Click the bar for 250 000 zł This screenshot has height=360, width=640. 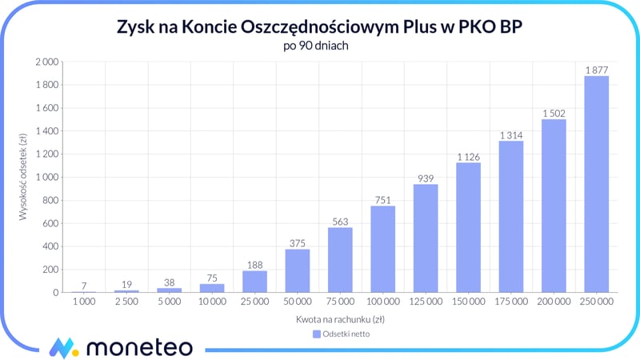pyautogui.click(x=596, y=184)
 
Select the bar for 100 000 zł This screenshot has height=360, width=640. pyautogui.click(x=382, y=249)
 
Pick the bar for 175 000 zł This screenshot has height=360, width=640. pyautogui.click(x=511, y=216)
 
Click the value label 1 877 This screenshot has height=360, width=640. pyautogui.click(x=596, y=70)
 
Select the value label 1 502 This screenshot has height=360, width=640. pyautogui.click(x=554, y=113)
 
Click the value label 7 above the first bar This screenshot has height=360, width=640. pyautogui.click(x=83, y=285)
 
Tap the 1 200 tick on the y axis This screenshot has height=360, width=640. pyautogui.click(x=46, y=154)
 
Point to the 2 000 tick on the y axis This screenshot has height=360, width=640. pyautogui.click(x=46, y=62)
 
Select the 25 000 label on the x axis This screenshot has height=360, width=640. pyautogui.click(x=254, y=303)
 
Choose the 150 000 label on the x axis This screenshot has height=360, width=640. pyautogui.click(x=468, y=303)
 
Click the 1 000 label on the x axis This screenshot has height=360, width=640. pyautogui.click(x=83, y=303)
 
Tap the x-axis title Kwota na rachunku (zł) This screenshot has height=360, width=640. pyautogui.click(x=340, y=319)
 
